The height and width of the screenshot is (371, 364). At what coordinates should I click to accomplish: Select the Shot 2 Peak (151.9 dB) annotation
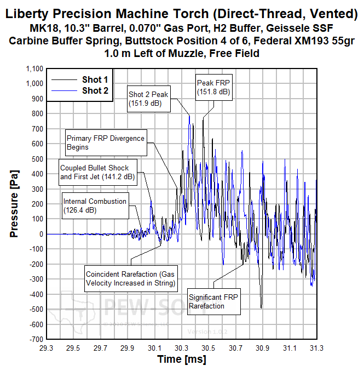pos(148,98)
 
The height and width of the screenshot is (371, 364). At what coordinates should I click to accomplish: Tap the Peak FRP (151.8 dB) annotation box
pos(214,88)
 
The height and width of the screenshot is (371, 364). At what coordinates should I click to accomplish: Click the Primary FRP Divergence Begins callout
pos(105,142)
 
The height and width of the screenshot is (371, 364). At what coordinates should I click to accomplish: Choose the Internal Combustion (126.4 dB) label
pos(95,206)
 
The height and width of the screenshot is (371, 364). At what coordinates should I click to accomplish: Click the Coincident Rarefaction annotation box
pos(130,278)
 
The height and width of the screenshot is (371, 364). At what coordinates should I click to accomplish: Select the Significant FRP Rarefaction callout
pos(214,301)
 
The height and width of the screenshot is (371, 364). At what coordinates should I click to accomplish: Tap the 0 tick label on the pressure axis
pos(40,234)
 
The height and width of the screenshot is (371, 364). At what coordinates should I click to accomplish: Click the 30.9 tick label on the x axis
pos(262,348)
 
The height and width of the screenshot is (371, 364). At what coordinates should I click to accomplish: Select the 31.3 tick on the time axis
pos(316,348)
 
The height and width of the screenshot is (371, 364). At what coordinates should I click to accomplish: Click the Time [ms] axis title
pos(182,359)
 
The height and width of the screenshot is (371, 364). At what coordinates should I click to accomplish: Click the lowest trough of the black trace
pos(261,309)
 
